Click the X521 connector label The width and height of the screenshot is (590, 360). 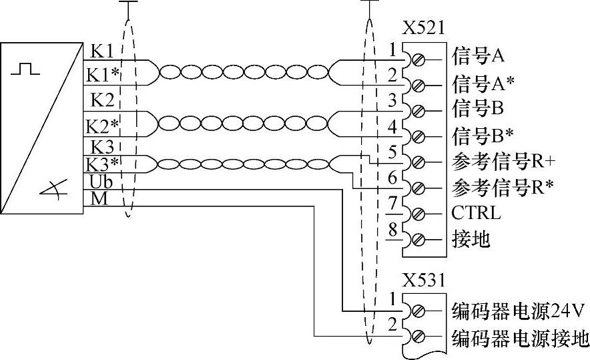[423, 28]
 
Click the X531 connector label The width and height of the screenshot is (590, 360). [423, 280]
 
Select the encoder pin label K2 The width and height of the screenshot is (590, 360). [101, 100]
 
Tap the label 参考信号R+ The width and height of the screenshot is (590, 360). [504, 162]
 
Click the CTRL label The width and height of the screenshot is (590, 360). [475, 214]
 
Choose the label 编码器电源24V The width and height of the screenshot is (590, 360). [518, 311]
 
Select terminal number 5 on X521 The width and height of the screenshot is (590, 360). [393, 152]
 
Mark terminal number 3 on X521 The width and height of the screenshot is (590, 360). [393, 100]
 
